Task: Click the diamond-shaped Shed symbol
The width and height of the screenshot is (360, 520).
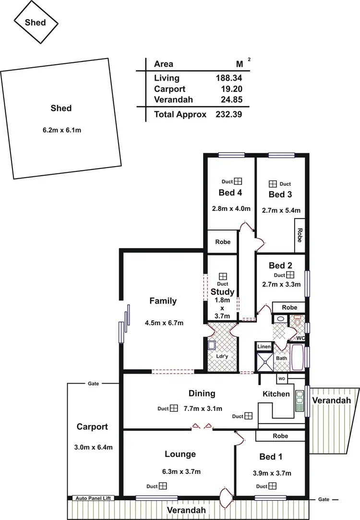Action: coord(36,22)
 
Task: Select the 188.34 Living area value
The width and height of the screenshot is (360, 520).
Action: coord(228,78)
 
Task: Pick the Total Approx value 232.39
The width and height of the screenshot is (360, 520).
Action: coord(228,114)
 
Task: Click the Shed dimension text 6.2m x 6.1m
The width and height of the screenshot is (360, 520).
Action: coord(61,130)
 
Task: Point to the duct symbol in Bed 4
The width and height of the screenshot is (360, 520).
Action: coord(238,181)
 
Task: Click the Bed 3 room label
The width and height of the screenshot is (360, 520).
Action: coord(281,194)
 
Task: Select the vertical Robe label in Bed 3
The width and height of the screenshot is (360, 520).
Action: coord(300,234)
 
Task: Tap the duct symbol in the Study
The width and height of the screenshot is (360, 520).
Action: coord(223,276)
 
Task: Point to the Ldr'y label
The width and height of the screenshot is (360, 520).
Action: coord(222,356)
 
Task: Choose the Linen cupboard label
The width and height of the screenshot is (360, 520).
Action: coord(264,346)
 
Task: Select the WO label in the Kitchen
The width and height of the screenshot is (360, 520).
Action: coord(282,379)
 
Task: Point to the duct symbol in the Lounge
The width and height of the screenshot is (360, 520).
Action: coord(163,486)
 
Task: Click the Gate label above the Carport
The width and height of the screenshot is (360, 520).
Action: coord(94,384)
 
